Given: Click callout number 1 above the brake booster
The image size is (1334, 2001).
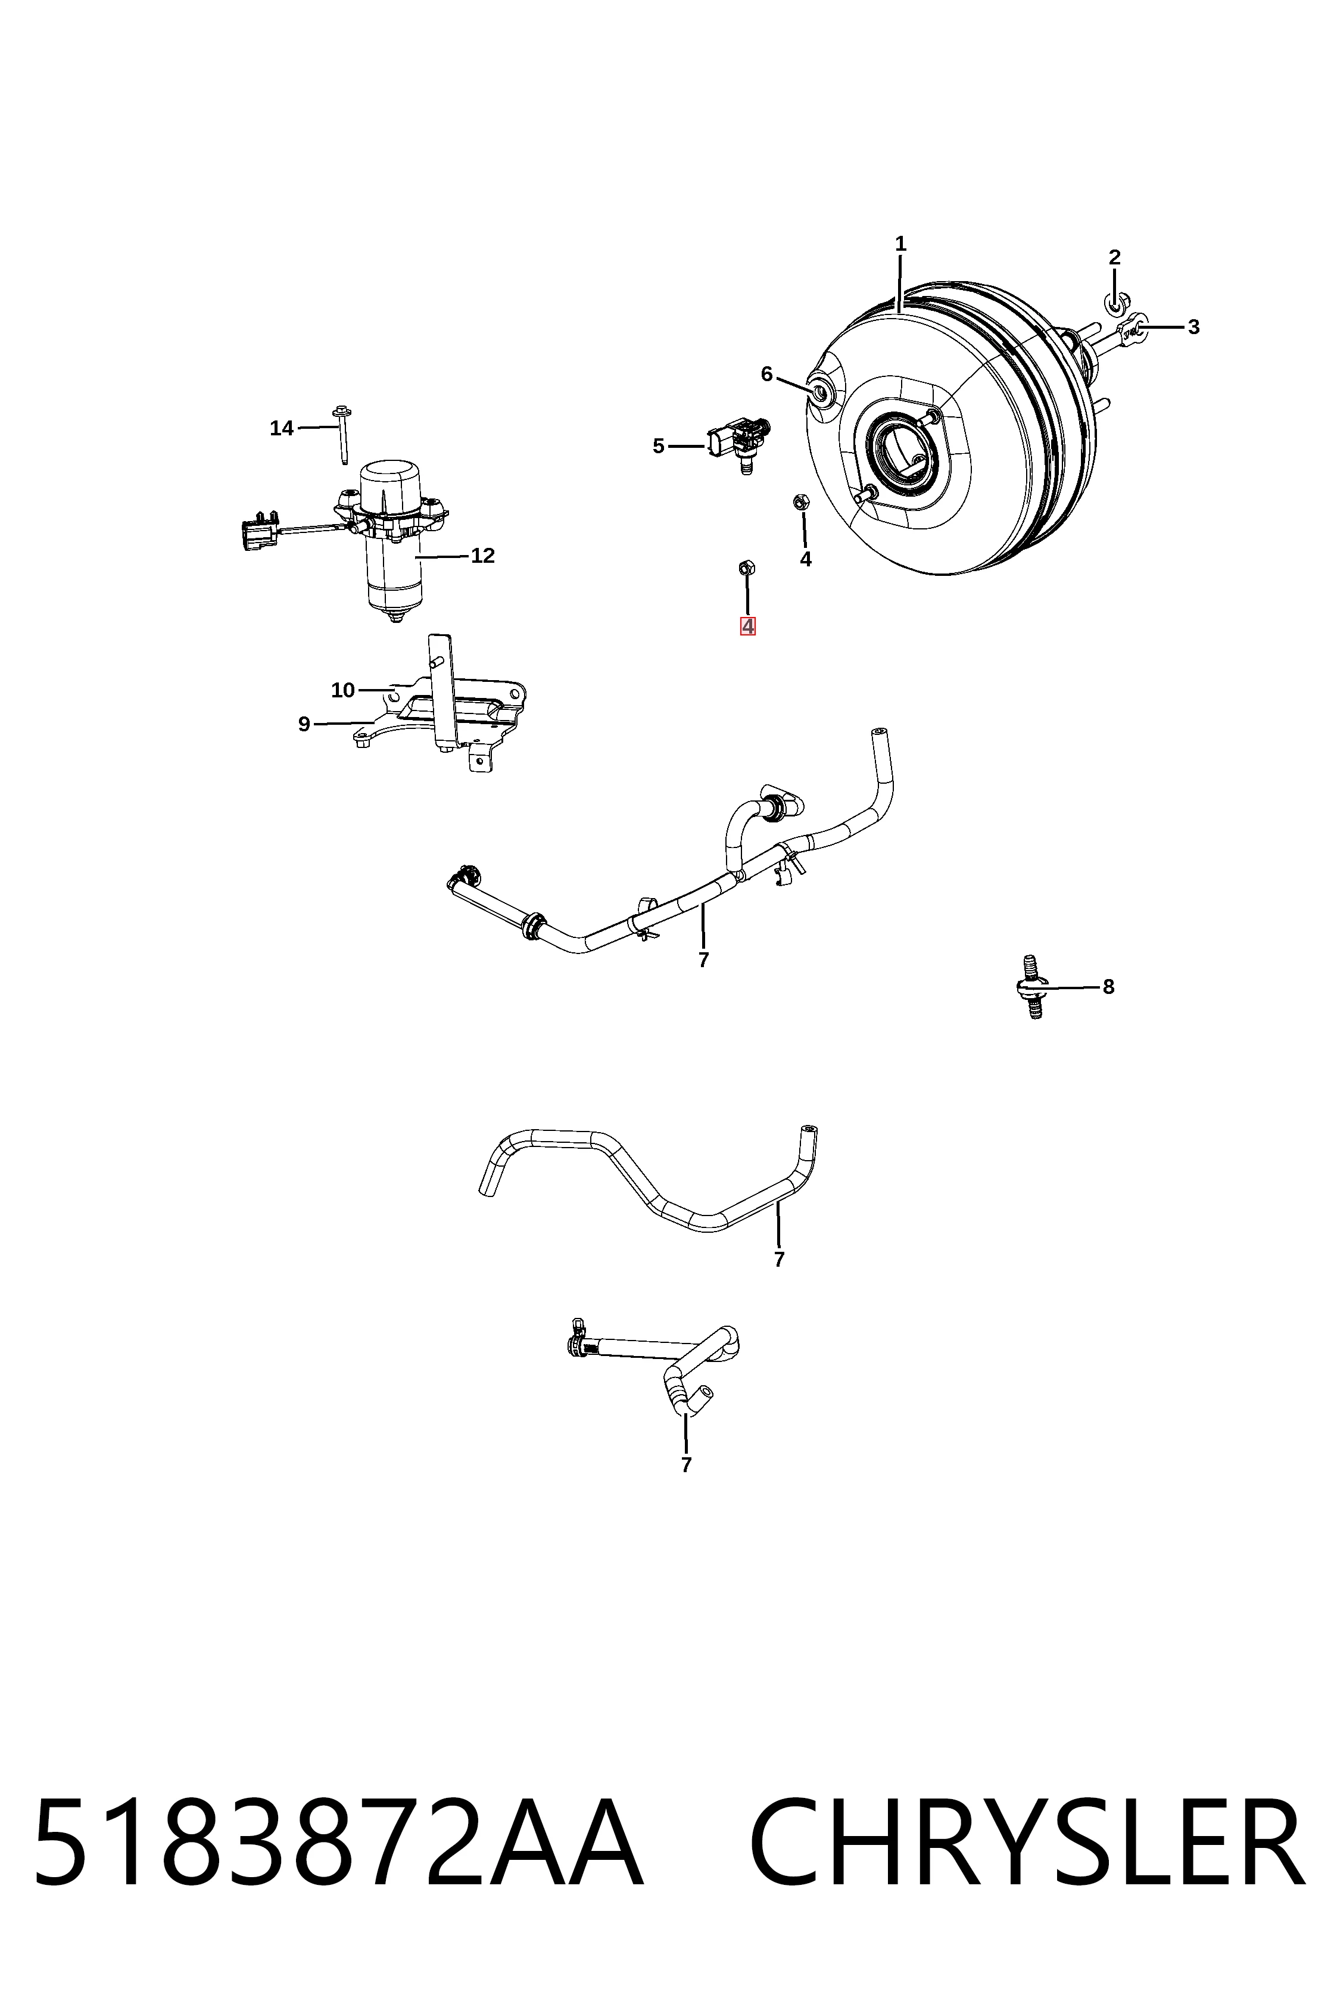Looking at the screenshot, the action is point(900,244).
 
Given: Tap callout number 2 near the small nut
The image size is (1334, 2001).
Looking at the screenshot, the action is point(1114,257).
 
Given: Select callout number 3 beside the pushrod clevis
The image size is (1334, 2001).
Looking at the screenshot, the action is point(1193,327).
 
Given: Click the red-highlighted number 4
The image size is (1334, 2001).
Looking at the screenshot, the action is point(748,626).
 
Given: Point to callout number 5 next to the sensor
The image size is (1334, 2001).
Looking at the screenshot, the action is point(659,446).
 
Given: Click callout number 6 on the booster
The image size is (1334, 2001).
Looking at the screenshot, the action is point(766,375).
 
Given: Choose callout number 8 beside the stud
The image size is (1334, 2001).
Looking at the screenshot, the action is point(1108,987).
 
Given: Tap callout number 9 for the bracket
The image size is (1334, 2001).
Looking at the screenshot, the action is point(304,724).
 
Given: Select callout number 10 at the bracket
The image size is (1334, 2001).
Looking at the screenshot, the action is point(343,690).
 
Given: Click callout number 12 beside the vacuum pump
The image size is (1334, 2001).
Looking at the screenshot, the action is point(482,556).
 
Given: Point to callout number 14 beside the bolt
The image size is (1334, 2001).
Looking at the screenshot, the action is point(282,428).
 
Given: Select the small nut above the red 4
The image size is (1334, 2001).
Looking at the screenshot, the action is point(746,568).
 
